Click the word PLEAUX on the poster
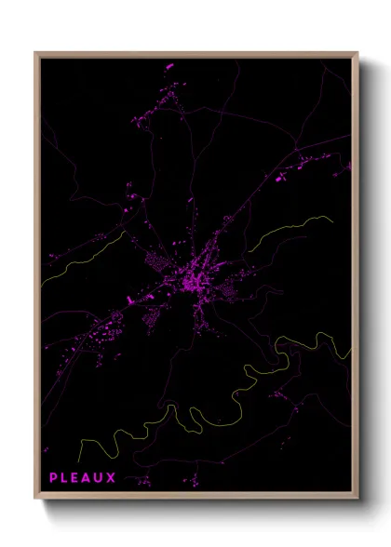(x=83, y=478)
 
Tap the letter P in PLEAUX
(x=54, y=478)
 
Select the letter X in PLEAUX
(x=112, y=478)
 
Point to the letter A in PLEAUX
(x=88, y=478)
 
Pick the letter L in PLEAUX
(x=65, y=478)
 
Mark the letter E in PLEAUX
(x=76, y=478)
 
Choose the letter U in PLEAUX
(x=100, y=478)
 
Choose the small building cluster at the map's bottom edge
(x=142, y=482)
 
